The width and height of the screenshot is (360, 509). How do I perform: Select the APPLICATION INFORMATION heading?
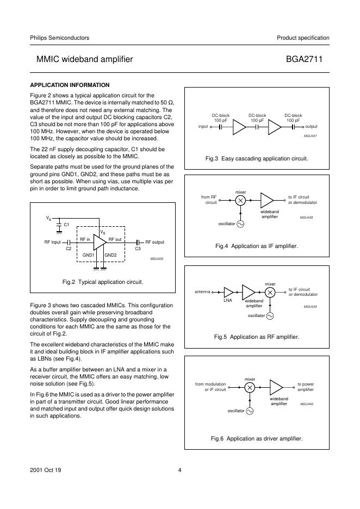click(x=70, y=85)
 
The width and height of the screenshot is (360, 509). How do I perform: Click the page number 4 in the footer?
click(x=179, y=471)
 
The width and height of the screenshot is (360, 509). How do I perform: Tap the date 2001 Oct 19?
click(x=46, y=471)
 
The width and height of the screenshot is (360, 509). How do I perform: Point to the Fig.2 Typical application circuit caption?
click(x=103, y=282)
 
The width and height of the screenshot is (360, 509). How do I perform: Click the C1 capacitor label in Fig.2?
click(x=66, y=224)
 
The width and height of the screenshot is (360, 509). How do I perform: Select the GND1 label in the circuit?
click(x=89, y=255)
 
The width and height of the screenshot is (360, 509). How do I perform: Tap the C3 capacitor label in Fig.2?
click(x=138, y=249)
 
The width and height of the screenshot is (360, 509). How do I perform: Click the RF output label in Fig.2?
click(x=154, y=242)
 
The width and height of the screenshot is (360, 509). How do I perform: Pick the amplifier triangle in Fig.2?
click(x=100, y=242)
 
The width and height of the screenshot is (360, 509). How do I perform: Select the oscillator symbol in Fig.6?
click(x=250, y=411)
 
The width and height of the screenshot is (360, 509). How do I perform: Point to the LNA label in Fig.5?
click(x=228, y=300)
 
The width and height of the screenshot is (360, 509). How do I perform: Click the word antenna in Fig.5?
click(x=202, y=292)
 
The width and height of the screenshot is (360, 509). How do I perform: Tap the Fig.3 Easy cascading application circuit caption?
click(x=257, y=158)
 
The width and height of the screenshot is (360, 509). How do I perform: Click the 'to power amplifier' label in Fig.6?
click(x=306, y=387)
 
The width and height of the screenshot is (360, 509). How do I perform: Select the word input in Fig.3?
click(x=203, y=126)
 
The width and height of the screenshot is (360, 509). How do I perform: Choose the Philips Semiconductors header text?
click(x=60, y=38)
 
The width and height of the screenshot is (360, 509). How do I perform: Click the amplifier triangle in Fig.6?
click(x=276, y=387)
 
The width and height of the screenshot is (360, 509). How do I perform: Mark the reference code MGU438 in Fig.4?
click(x=307, y=217)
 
